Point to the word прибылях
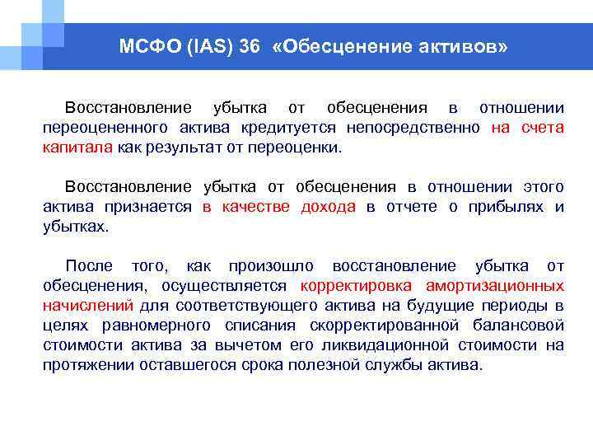coord(500,206)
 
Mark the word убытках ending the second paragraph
coord(75,225)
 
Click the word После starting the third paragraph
coord(89,265)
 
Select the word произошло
coord(271,265)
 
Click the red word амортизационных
coord(495,285)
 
